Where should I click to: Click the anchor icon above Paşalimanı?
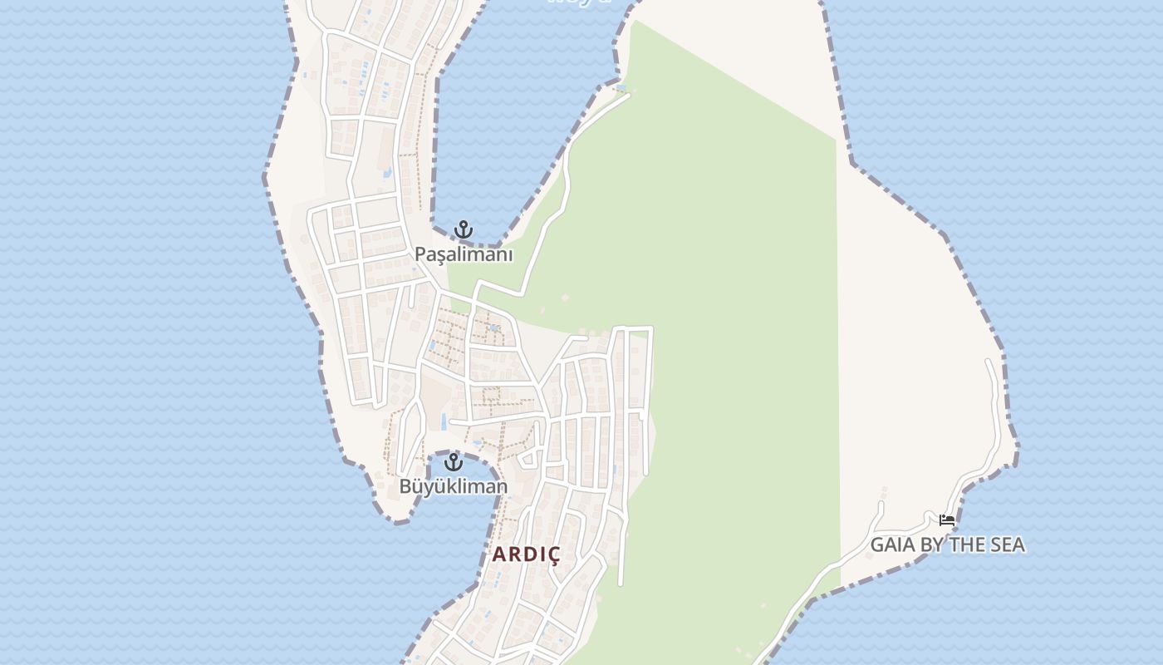tap(463, 229)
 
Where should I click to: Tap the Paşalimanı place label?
tap(464, 254)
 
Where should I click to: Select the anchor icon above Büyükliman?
tap(453, 462)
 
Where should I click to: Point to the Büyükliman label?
tap(453, 486)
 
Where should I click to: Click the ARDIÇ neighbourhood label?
tap(527, 554)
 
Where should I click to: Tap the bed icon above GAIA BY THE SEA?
tap(946, 521)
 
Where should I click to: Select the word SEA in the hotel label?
tap(1007, 545)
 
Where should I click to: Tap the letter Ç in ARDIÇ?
tap(552, 554)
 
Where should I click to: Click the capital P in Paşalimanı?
tap(421, 254)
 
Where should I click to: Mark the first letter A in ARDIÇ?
tap(499, 554)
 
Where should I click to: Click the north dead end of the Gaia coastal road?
tap(989, 362)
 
